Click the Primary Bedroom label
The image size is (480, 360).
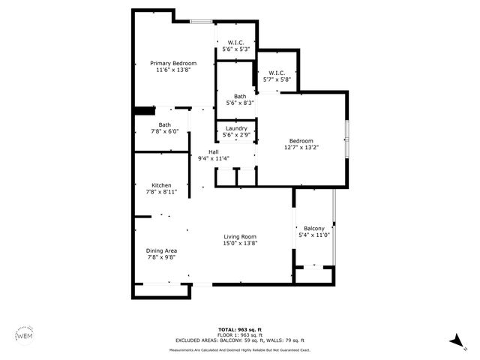173,63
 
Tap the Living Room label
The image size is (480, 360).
240,237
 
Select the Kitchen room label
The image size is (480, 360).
161,185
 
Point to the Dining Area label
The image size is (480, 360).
161,250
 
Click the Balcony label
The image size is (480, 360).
314,228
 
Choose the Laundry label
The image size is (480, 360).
236,128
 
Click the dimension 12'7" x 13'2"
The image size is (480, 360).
301,148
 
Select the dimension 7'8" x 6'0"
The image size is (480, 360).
164,131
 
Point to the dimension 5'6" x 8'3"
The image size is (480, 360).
240,103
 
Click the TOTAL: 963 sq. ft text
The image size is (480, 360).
239,330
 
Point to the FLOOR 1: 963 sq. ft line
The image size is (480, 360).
239,335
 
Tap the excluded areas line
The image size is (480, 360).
239,341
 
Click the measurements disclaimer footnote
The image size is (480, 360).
239,349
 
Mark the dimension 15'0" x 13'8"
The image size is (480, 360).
240,243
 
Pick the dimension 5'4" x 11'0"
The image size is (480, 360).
314,235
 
